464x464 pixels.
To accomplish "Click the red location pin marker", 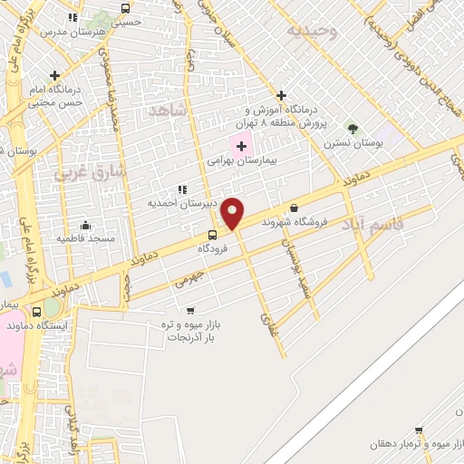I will (x=233, y=213).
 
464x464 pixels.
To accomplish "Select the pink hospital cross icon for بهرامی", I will (x=242, y=146).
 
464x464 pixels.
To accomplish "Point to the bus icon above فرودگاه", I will (x=213, y=235).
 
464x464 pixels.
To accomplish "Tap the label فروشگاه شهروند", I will (x=293, y=221).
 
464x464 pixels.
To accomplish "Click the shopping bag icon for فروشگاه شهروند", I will (x=294, y=208).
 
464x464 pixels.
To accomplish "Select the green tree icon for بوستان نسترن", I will (x=353, y=130).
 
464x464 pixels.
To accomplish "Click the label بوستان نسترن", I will (x=353, y=143).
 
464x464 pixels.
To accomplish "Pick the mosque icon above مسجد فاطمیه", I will (x=85, y=225).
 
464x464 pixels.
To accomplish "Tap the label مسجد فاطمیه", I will (x=86, y=238).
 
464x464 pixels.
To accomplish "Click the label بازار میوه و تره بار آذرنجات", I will (x=192, y=330).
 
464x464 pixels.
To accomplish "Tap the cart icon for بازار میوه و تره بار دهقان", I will (x=418, y=430).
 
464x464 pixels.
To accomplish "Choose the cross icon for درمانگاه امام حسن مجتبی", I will (x=55, y=75).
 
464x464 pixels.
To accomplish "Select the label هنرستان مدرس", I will (x=73, y=31).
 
